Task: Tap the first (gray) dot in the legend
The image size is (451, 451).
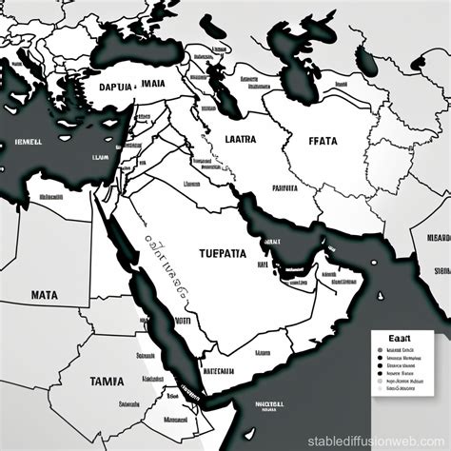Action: point(379,349)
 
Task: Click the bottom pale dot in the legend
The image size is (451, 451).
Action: point(379,389)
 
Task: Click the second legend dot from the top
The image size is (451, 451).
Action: point(379,358)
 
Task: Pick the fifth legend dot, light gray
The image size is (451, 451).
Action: point(379,381)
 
